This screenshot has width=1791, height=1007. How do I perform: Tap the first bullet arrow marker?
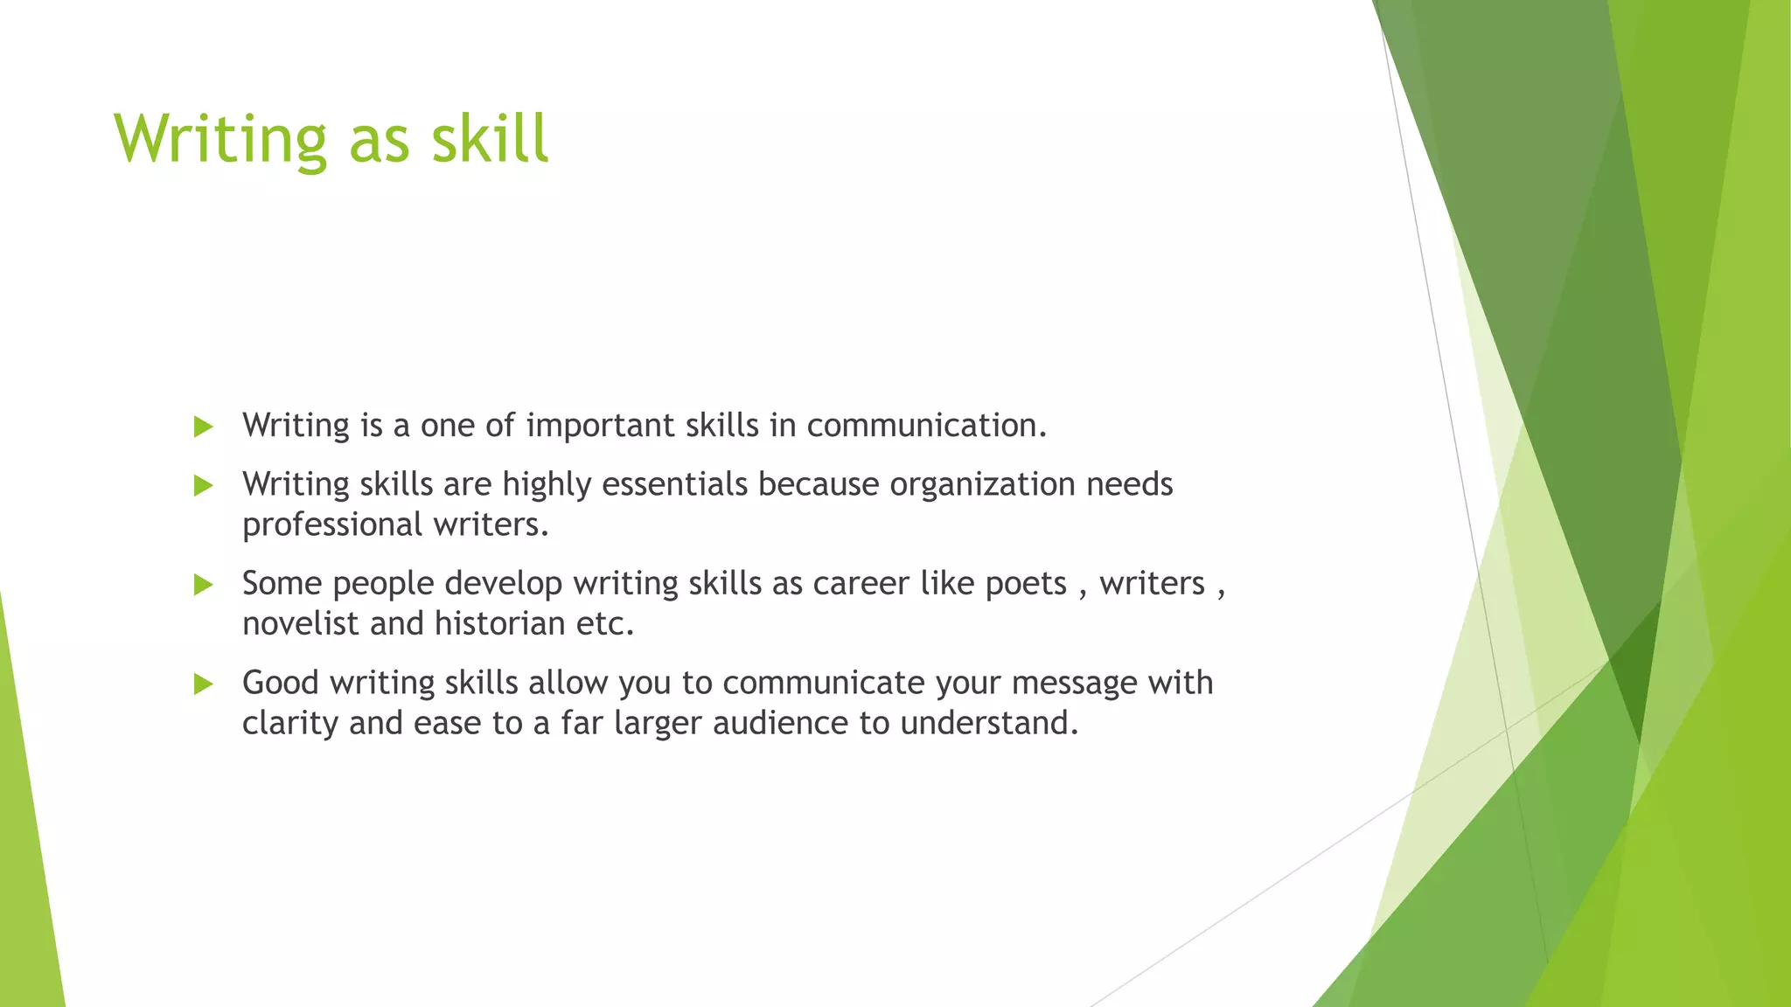click(x=203, y=427)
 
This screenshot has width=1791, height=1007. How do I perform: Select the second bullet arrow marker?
click(x=203, y=485)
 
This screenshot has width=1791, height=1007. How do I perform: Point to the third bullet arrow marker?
click(x=203, y=584)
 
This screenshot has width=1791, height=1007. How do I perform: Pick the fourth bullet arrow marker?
click(x=203, y=684)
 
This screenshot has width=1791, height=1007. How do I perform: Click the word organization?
click(x=982, y=484)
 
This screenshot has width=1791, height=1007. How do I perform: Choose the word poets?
click(x=1026, y=584)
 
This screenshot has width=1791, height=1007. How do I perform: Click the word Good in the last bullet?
click(x=280, y=683)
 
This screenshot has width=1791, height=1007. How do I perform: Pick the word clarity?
click(x=290, y=724)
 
